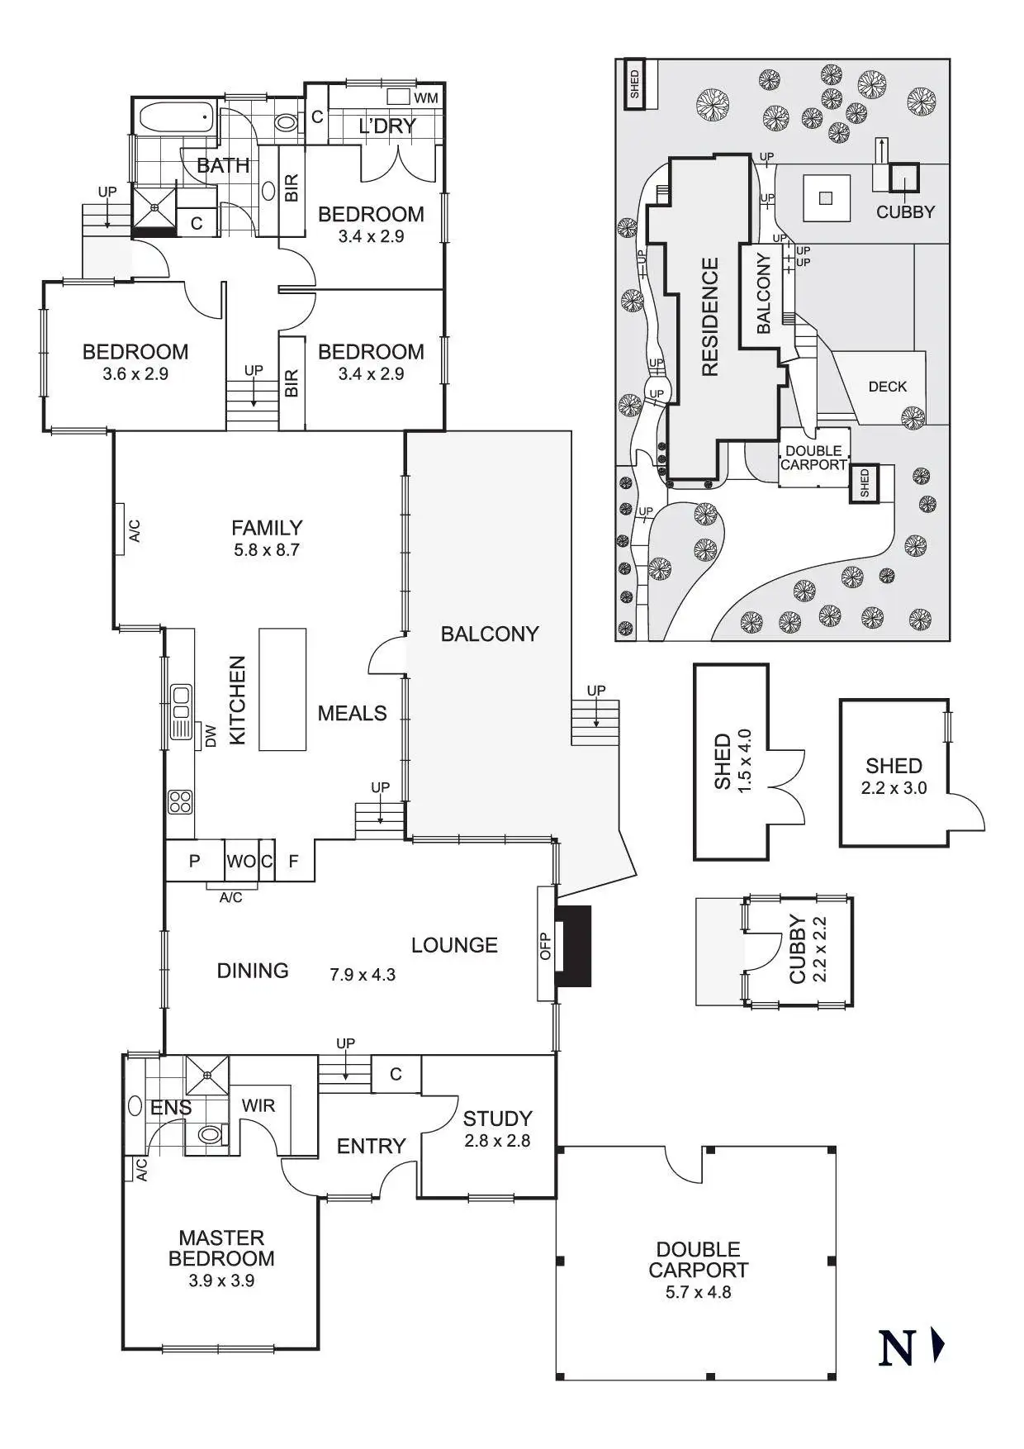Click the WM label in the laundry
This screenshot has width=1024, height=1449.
(x=426, y=98)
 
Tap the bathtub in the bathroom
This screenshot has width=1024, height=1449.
(x=176, y=117)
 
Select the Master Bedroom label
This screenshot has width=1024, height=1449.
(x=221, y=1247)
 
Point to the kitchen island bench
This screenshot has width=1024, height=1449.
(x=282, y=689)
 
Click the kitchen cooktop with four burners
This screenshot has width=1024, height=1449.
(x=180, y=801)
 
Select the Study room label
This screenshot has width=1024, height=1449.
(x=497, y=1119)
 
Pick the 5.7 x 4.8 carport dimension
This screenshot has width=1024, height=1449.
(x=698, y=1292)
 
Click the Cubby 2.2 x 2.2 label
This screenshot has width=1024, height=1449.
(x=808, y=949)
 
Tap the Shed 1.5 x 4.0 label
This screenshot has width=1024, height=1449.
(x=732, y=760)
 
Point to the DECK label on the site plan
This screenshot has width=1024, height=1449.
(x=887, y=387)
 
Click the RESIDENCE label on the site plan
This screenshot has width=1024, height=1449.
(x=710, y=317)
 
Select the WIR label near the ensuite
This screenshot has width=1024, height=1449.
(x=258, y=1105)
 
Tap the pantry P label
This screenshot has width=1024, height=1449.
(x=194, y=862)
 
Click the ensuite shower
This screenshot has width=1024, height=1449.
(x=206, y=1075)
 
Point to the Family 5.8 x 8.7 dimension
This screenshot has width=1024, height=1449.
(x=266, y=549)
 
